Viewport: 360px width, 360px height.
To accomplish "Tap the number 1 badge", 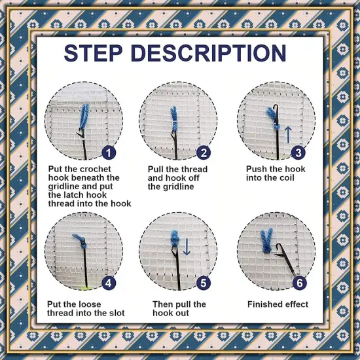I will click(109, 153).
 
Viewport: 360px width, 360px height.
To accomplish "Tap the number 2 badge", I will click(204, 153).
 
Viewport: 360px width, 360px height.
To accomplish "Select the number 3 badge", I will click(298, 153).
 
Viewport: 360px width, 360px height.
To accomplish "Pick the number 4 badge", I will click(109, 283).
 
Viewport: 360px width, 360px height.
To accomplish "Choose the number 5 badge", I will click(204, 283).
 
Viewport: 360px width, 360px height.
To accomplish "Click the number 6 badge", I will click(298, 283).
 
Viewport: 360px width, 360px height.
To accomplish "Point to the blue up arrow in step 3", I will click(287, 135).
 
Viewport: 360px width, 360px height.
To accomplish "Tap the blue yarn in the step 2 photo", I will click(175, 118).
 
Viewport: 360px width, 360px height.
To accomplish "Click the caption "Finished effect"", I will click(278, 304).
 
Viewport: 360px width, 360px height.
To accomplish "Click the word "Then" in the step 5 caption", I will click(164, 304).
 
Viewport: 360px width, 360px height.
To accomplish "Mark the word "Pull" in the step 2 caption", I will click(157, 170).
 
